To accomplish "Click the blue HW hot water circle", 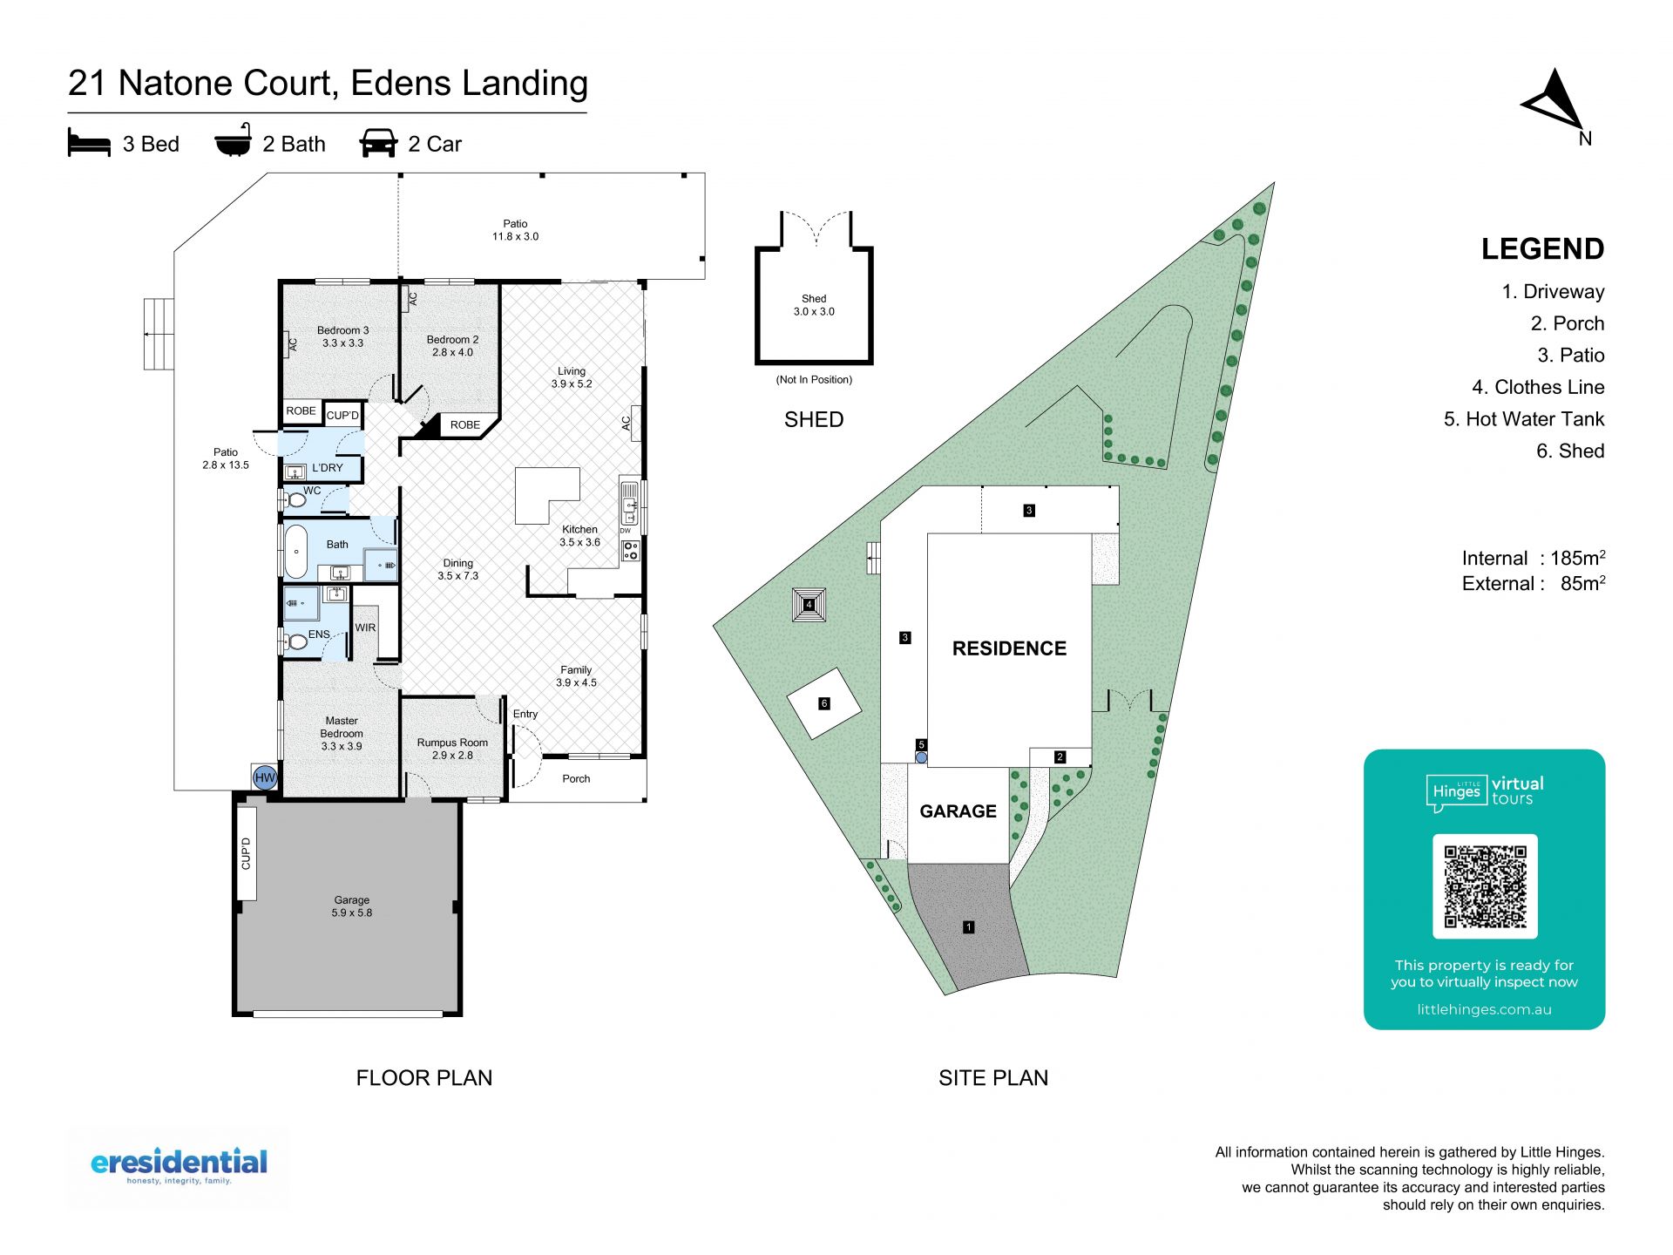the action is pyautogui.click(x=265, y=777).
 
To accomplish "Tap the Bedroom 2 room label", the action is pyautogui.click(x=452, y=346).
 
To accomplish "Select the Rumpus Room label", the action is pyautogui.click(x=452, y=749).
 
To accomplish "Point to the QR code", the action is pyautogui.click(x=1485, y=886).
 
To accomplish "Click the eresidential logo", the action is pyautogui.click(x=179, y=1166).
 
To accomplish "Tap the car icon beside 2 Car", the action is pyautogui.click(x=378, y=143).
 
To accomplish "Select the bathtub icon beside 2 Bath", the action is pyautogui.click(x=234, y=141).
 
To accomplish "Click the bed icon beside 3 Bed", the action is pyautogui.click(x=89, y=143).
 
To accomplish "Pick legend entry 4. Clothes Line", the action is pyautogui.click(x=1538, y=387).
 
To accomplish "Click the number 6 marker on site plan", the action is pyautogui.click(x=824, y=703).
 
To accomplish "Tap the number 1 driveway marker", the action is pyautogui.click(x=968, y=926).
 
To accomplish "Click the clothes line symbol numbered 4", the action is pyautogui.click(x=809, y=604).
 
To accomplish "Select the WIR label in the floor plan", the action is pyautogui.click(x=365, y=627).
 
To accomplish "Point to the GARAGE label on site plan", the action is pyautogui.click(x=958, y=811).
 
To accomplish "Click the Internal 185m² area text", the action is pyautogui.click(x=1534, y=558).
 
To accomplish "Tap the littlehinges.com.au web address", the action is pyautogui.click(x=1484, y=1009).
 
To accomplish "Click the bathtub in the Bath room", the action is pyautogui.click(x=296, y=551).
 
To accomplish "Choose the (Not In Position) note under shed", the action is pyautogui.click(x=814, y=380).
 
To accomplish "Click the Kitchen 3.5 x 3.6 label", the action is pyautogui.click(x=579, y=535).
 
